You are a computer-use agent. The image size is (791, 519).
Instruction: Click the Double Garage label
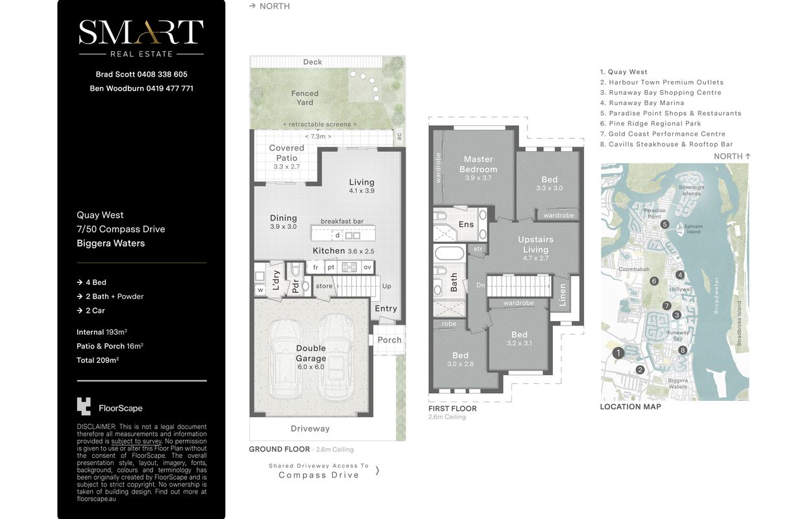311,354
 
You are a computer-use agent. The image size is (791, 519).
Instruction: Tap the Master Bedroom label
478,164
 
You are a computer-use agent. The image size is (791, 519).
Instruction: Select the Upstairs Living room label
536,245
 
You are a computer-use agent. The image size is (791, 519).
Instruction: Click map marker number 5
664,224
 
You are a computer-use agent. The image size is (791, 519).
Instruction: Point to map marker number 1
618,353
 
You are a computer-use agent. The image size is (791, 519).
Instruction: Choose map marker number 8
683,350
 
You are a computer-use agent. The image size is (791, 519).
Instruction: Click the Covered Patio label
286,153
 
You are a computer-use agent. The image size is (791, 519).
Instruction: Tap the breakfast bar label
342,221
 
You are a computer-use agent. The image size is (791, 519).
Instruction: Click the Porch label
389,340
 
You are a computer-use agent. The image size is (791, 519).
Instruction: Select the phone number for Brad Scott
162,75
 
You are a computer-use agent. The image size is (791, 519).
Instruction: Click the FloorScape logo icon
84,406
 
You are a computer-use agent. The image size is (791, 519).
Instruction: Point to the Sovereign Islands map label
691,190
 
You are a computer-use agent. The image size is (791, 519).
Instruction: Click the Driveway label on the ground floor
310,429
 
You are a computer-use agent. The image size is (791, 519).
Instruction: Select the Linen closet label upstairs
563,295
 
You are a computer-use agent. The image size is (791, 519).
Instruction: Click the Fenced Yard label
305,98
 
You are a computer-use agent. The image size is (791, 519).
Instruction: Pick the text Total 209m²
97,360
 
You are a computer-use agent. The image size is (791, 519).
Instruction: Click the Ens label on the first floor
466,224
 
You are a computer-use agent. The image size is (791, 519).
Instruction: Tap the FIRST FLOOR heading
452,409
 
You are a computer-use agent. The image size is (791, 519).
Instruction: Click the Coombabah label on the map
634,269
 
